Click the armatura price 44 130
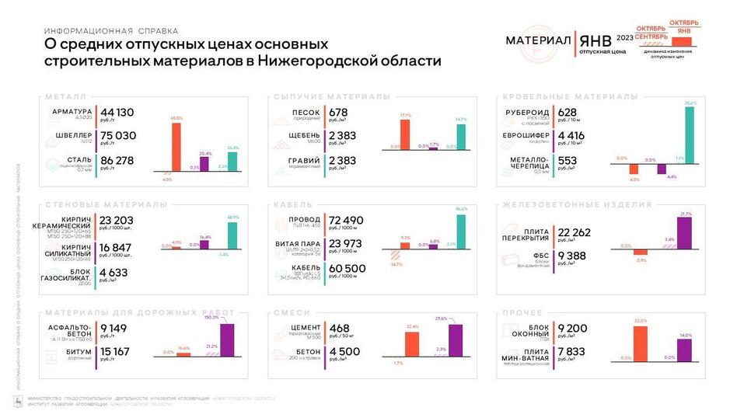pyautogui.click(x=117, y=112)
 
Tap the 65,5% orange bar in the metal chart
pyautogui.click(x=176, y=145)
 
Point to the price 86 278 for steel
pyautogui.click(x=118, y=161)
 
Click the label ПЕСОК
pyautogui.click(x=305, y=112)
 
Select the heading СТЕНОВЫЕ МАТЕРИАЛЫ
pyautogui.click(x=106, y=204)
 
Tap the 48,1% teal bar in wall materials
pyautogui.click(x=232, y=235)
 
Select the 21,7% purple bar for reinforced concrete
pyautogui.click(x=685, y=233)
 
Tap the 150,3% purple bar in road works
pyautogui.click(x=227, y=340)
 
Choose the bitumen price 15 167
pyautogui.click(x=115, y=351)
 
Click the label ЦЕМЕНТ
pyautogui.click(x=304, y=328)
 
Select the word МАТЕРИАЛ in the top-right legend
pyautogui.click(x=539, y=40)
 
